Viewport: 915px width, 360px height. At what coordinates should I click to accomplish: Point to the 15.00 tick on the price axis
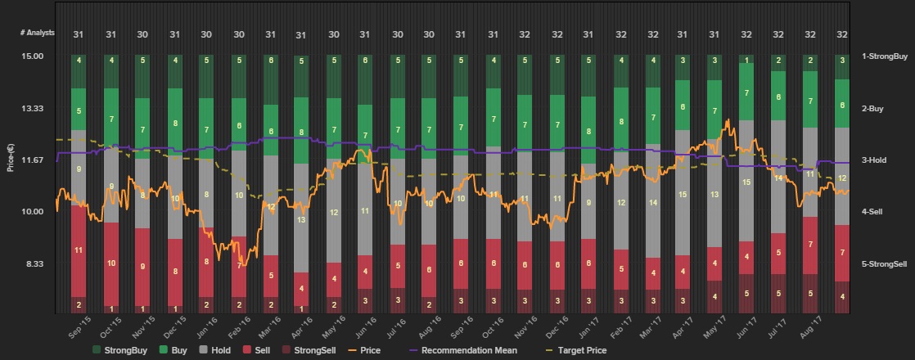[32, 56]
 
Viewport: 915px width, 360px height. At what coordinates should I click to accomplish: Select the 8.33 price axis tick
[34, 263]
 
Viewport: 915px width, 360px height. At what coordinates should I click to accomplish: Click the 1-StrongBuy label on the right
[885, 56]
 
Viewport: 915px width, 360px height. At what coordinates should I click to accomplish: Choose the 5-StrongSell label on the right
[884, 263]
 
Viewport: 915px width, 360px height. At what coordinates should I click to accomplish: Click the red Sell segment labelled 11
[79, 250]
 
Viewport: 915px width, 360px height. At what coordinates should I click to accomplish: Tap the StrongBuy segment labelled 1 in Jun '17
[746, 60]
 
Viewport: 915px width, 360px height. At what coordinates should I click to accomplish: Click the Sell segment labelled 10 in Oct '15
[110, 263]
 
